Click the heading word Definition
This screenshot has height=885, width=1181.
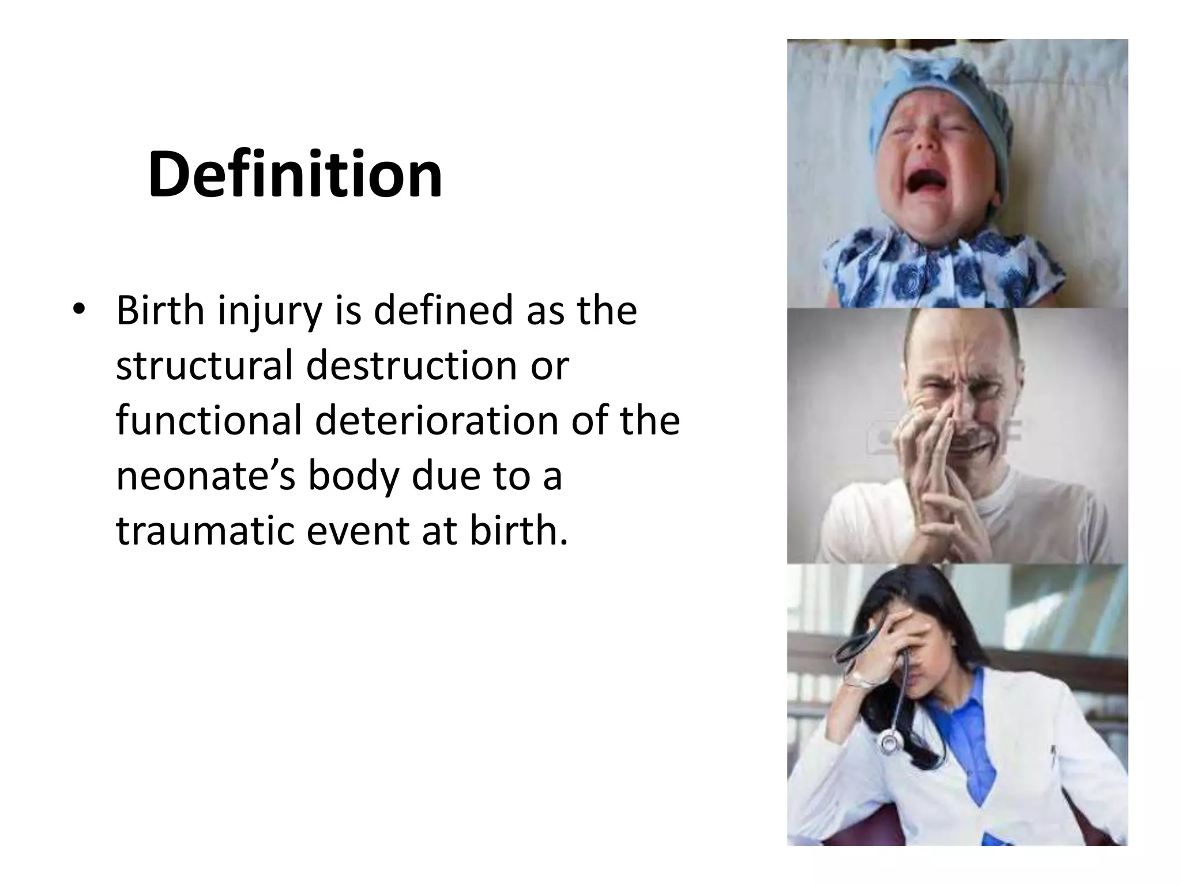(295, 175)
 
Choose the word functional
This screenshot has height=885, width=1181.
(209, 421)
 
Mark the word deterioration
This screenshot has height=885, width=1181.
(437, 421)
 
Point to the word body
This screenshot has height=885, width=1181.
(352, 477)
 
